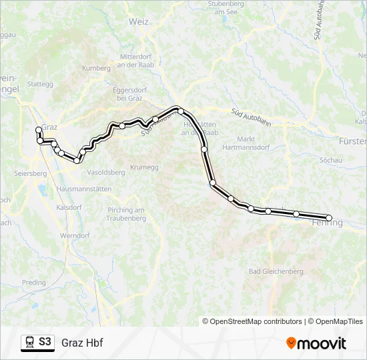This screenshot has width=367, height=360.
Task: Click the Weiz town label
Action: click(139, 21)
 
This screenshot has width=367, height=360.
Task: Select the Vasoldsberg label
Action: click(106, 172)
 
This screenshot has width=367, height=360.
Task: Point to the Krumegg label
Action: click(144, 167)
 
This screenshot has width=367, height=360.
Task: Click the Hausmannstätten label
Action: click(84, 189)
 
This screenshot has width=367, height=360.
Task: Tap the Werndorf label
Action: click(75, 236)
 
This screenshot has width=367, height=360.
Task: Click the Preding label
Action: click(34, 283)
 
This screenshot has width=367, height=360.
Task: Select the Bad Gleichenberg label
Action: click(276, 271)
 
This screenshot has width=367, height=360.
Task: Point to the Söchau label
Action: click(331, 161)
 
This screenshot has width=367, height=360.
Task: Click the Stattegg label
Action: click(39, 84)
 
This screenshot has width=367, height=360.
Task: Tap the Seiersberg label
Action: click(29, 173)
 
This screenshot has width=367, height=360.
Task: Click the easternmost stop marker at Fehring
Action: click(329, 218)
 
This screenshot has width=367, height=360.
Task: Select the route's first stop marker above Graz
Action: click(38, 130)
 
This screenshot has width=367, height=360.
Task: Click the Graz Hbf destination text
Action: click(82, 343)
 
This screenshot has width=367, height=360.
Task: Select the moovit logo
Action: click(316, 343)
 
